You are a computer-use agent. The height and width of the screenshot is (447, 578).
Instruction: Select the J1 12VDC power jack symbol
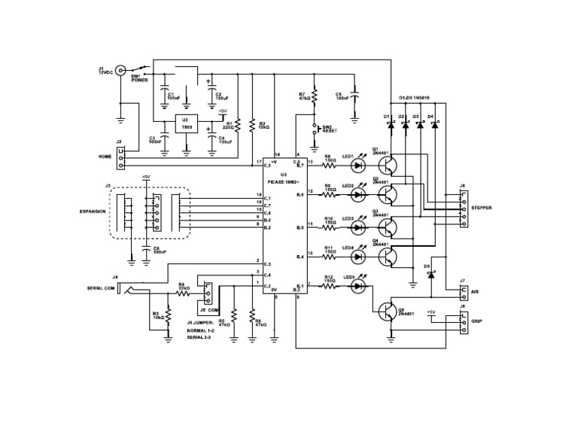(120, 71)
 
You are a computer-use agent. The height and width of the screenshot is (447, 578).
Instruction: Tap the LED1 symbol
(357, 161)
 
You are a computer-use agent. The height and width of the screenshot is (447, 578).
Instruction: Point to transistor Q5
(387, 311)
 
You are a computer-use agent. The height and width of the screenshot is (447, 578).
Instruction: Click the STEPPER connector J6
(462, 207)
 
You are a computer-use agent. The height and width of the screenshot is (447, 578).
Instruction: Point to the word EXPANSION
(93, 212)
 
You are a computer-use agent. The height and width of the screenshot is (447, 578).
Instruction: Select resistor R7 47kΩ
(315, 96)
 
